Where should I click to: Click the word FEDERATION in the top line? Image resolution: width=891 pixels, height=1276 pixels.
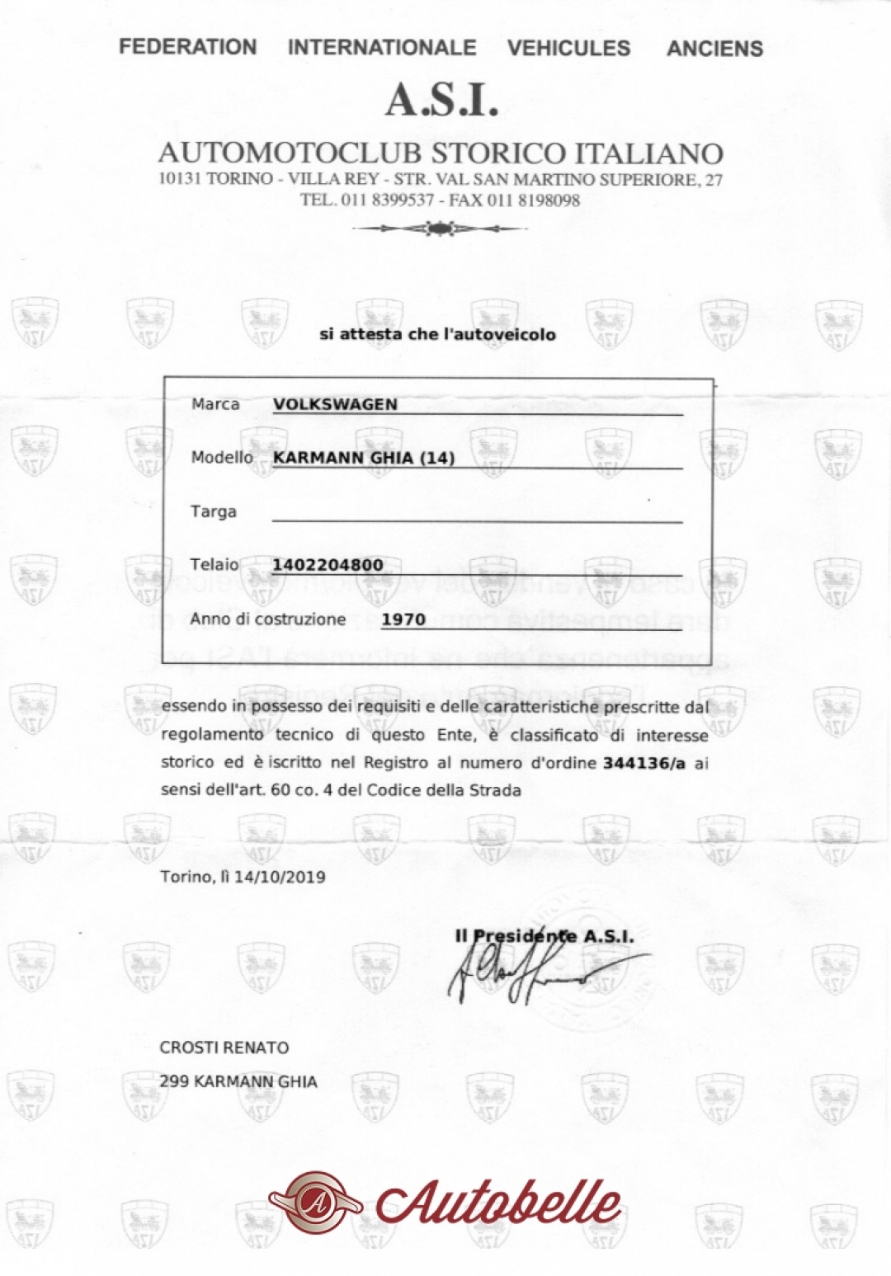pos(187,47)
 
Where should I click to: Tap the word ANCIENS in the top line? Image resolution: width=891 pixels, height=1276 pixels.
pos(714,49)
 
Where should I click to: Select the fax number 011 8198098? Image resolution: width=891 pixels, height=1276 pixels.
pos(534,200)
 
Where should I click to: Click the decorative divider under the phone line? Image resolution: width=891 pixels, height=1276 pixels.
pos(440,228)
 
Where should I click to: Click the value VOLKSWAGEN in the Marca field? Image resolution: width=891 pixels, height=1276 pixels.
pos(335,404)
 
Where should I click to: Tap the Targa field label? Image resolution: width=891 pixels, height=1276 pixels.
pos(214,511)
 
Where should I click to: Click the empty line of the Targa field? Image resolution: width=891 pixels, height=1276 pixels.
pos(477,518)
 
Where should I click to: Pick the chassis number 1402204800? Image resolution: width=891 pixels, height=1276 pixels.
pos(328,565)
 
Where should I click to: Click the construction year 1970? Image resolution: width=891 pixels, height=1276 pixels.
pos(403,619)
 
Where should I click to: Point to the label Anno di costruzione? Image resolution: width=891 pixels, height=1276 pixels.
pos(268,619)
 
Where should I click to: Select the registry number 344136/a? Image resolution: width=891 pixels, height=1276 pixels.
pos(644,762)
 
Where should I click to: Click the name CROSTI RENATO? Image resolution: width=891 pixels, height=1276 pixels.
pos(224,1048)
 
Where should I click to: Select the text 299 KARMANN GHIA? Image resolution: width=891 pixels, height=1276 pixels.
pos(238,1081)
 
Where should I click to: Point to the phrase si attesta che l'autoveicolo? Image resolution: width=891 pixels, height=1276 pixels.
pos(437,334)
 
